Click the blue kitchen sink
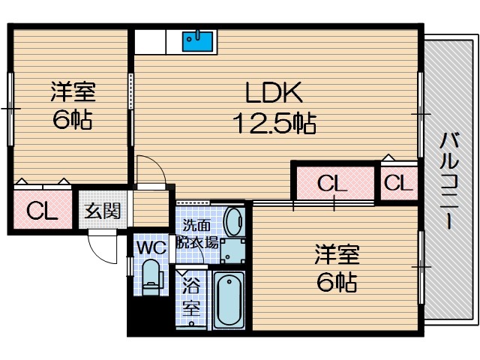[x=197, y=41]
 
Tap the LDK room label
[x=274, y=92]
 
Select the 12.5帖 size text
[x=274, y=123]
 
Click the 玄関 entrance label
[x=103, y=211]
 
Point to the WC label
[x=151, y=247]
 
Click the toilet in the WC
[x=151, y=277]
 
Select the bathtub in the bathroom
[x=228, y=301]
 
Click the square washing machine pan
[x=233, y=251]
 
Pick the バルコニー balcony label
[x=449, y=181]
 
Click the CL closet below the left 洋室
[x=43, y=210]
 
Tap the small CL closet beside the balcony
[x=398, y=183]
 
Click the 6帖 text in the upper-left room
[x=73, y=120]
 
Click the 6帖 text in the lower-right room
[x=337, y=282]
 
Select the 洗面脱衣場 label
[x=197, y=234]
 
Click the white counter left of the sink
[x=150, y=42]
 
